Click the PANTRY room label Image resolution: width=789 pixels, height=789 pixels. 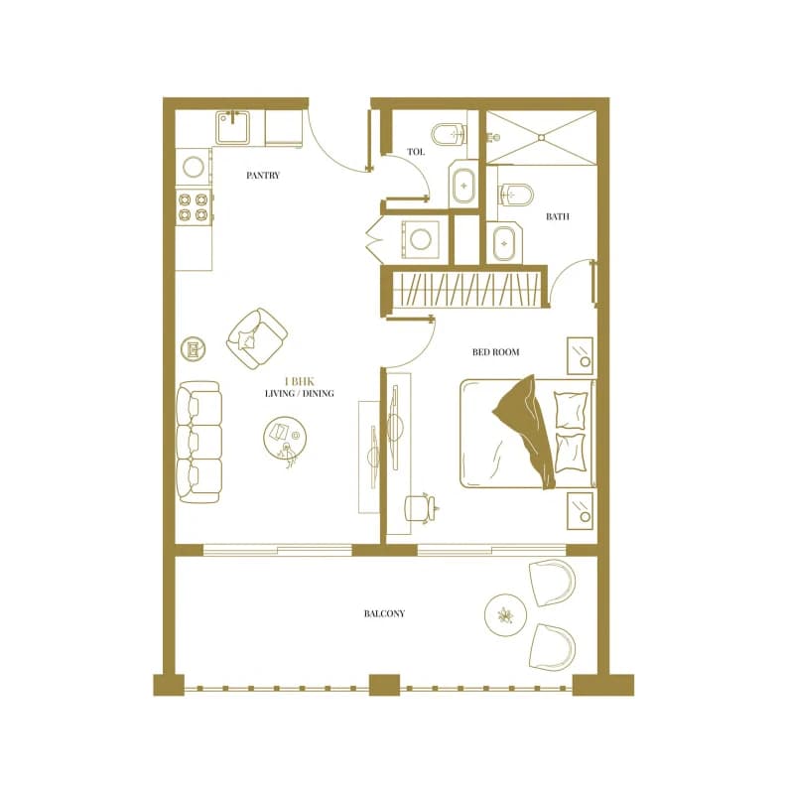pos(263,175)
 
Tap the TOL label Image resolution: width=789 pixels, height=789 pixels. pos(416,152)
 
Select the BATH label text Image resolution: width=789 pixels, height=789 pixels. pos(558,216)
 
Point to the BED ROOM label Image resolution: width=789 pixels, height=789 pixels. pos(495,352)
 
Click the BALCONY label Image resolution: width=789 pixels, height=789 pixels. pos(384,613)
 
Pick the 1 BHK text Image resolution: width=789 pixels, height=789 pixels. pos(300,381)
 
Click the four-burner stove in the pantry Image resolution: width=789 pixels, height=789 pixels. pos(194,206)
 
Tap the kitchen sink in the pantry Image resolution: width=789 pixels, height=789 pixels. pos(232,128)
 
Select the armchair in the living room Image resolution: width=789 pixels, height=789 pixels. pos(257,337)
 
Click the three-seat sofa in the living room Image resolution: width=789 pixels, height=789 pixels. pos(198,442)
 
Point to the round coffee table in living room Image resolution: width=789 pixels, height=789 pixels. pos(284,439)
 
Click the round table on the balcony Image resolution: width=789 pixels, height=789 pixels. pos(505,614)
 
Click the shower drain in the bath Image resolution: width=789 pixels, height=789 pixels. pos(541,137)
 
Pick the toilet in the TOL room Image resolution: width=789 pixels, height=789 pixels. pos(449,134)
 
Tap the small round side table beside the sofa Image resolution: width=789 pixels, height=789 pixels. pos(194,348)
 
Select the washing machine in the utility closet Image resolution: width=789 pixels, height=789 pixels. pos(420,239)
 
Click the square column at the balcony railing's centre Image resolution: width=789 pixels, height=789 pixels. pos(385,686)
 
